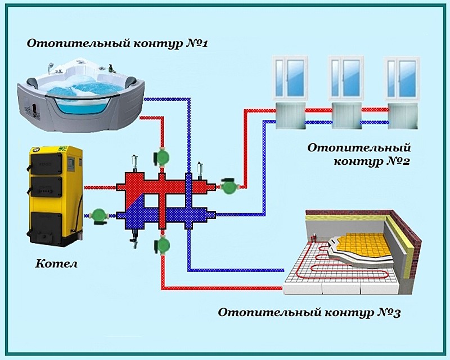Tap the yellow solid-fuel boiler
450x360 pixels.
coord(55,194)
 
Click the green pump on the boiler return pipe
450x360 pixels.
coord(99,215)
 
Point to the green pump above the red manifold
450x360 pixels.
coord(163,157)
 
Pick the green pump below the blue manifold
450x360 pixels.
coord(163,245)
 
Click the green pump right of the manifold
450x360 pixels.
coord(228,186)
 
